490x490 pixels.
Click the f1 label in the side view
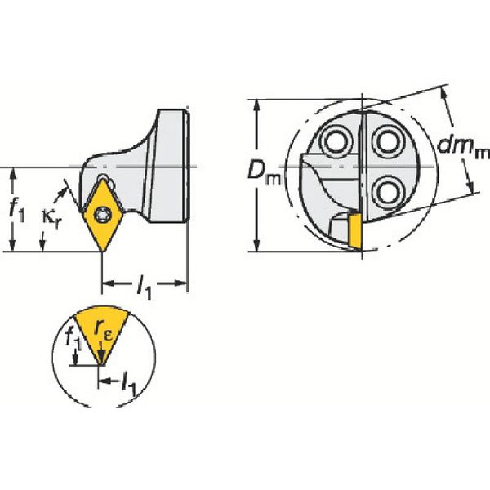coord(16,210)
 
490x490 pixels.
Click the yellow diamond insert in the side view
coord(101,214)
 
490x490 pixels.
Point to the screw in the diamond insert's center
coord(101,214)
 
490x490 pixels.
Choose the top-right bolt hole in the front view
coord(383,142)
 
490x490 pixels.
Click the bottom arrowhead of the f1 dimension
coord(14,247)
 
